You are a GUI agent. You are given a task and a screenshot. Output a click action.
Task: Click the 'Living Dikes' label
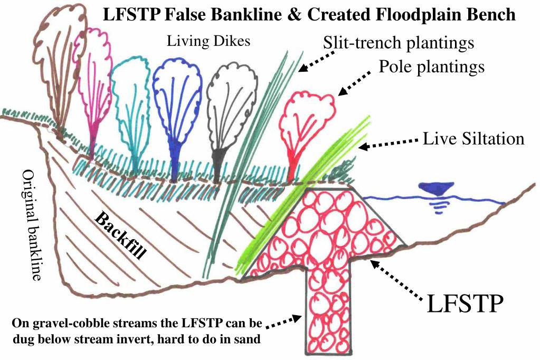[209, 41]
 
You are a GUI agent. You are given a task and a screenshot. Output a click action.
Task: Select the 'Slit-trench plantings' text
[399, 43]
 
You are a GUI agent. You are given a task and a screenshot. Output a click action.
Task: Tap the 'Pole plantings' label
[431, 67]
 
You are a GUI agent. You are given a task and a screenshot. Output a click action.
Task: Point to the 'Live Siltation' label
[473, 138]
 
